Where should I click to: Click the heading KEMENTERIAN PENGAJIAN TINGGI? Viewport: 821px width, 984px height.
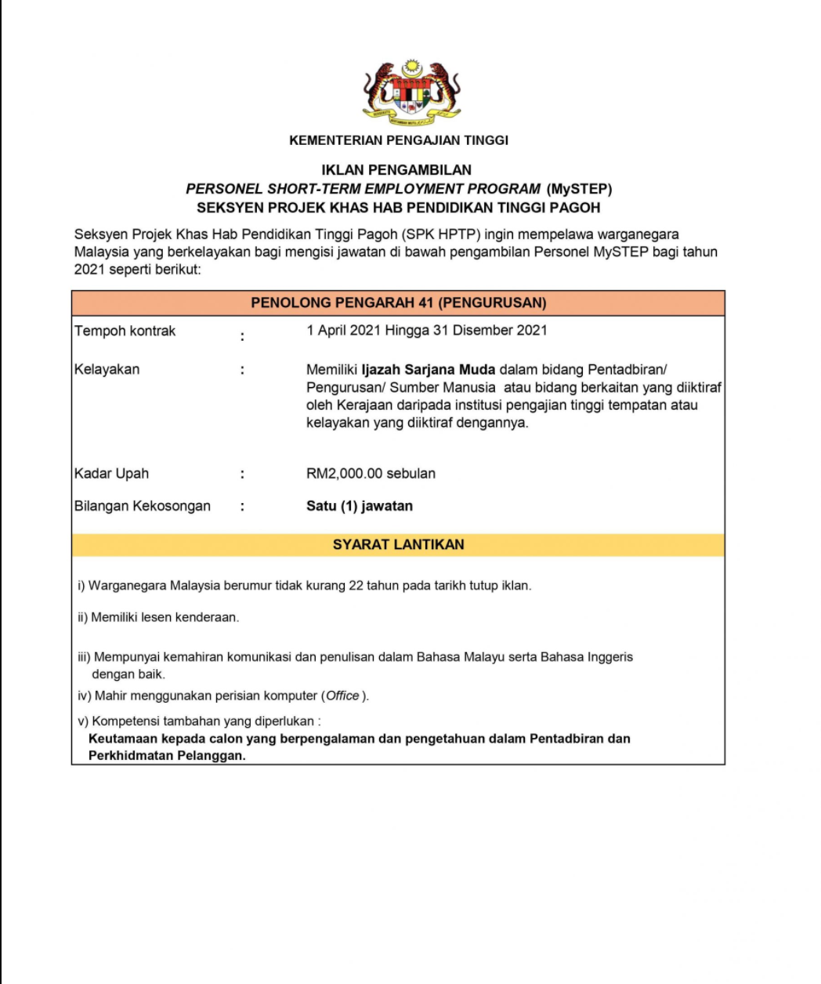pyautogui.click(x=399, y=140)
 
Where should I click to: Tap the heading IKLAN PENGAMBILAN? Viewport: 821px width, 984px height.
pyautogui.click(x=396, y=169)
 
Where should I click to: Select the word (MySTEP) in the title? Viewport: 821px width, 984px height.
pyautogui.click(x=580, y=189)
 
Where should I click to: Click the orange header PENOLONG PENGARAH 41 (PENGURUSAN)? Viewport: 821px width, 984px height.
pyautogui.click(x=398, y=303)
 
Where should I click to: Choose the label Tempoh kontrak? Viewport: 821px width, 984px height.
pyautogui.click(x=125, y=331)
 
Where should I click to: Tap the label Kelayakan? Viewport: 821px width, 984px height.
pyautogui.click(x=107, y=369)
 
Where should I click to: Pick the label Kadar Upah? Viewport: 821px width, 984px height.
pyautogui.click(x=111, y=473)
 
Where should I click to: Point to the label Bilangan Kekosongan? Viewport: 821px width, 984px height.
pyautogui.click(x=143, y=506)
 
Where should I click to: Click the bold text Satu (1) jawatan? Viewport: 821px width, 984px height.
pyautogui.click(x=360, y=506)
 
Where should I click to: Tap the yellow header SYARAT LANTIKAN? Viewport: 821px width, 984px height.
pyautogui.click(x=398, y=544)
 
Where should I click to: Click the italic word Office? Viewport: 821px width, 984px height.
pyautogui.click(x=342, y=696)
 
